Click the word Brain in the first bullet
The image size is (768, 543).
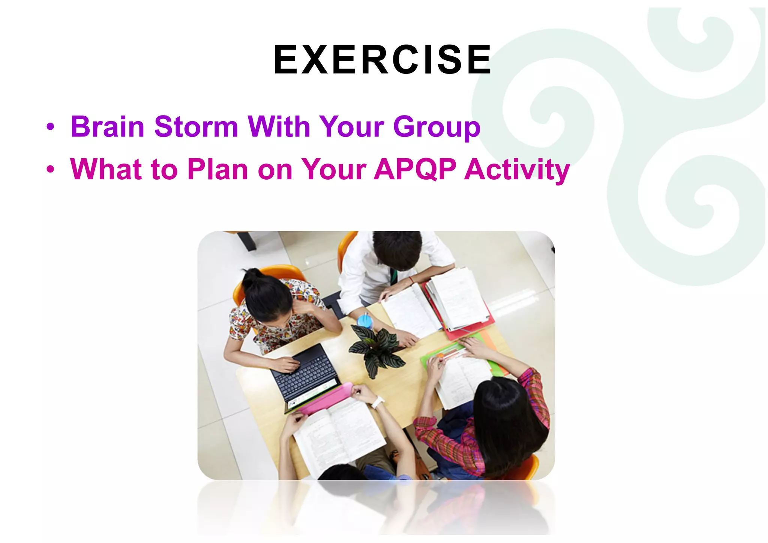click(108, 127)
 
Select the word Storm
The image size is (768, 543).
click(196, 127)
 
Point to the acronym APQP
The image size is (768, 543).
click(415, 169)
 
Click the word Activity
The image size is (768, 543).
click(517, 170)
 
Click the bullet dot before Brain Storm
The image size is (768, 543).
click(50, 127)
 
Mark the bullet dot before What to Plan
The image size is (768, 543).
click(50, 169)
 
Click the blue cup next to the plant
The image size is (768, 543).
click(364, 321)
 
